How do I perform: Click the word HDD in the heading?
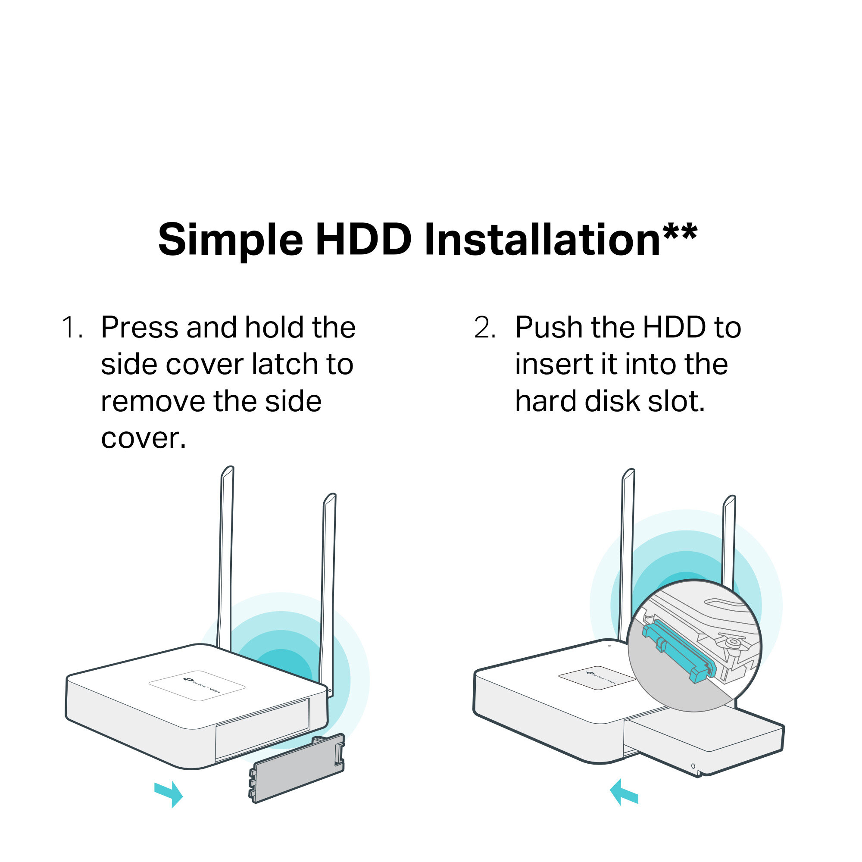coord(364,240)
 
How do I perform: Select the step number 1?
coord(72,327)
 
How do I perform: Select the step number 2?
coord(485,327)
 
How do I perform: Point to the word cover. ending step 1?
coord(143,438)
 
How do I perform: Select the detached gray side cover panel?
coord(297,768)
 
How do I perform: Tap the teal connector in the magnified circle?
coord(680,653)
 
